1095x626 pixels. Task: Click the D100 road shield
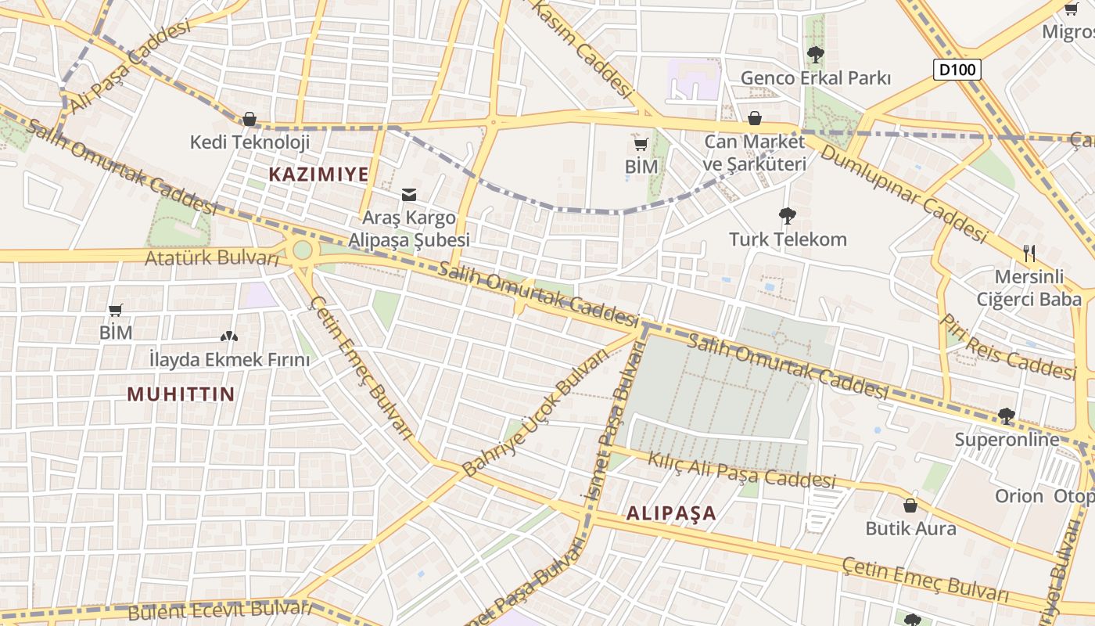[x=957, y=70]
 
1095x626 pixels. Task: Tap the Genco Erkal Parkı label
[x=816, y=78]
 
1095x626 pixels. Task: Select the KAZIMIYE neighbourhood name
[x=318, y=174]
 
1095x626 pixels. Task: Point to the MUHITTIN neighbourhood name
[x=181, y=394]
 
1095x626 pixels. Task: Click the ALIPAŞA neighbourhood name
[x=671, y=513]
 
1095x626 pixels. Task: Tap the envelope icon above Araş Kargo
[x=408, y=195]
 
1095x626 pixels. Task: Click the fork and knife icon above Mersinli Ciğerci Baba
[x=1029, y=254]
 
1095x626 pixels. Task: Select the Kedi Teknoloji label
[x=250, y=142]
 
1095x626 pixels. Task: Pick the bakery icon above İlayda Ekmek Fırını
[x=228, y=337]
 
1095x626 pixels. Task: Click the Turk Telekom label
[x=788, y=239]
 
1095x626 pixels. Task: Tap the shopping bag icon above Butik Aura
[x=910, y=505]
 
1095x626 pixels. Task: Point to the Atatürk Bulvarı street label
[x=212, y=257]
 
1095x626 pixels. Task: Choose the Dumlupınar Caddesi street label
[x=903, y=192]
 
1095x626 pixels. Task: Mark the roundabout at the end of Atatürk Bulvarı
[x=301, y=252]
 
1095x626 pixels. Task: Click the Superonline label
[x=1007, y=440]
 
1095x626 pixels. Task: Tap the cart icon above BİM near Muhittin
[x=116, y=310]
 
